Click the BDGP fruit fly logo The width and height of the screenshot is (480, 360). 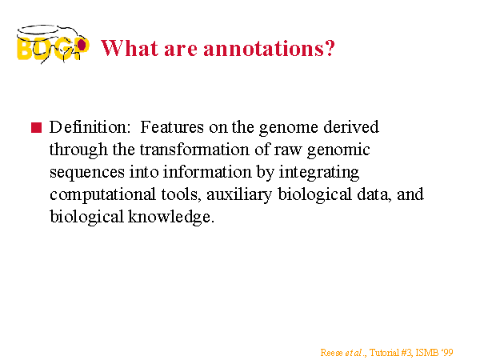53,45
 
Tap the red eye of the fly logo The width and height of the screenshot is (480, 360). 82,45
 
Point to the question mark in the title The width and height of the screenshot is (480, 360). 330,48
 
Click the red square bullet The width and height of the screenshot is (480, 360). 36,127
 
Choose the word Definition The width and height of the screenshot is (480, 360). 90,126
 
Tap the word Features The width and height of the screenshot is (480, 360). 172,126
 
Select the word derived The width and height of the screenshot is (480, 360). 351,126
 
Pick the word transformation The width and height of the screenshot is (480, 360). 194,150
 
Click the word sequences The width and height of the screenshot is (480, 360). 87,173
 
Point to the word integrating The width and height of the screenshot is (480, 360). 318,172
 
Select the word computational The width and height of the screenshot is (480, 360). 102,194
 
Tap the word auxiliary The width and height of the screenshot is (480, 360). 239,194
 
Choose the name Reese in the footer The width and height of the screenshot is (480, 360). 331,353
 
